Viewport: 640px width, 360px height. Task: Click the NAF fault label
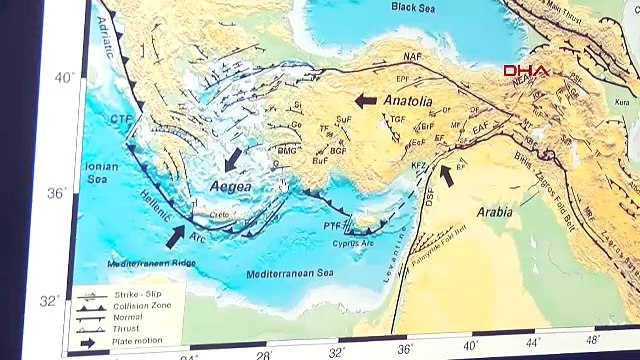point(412,58)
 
